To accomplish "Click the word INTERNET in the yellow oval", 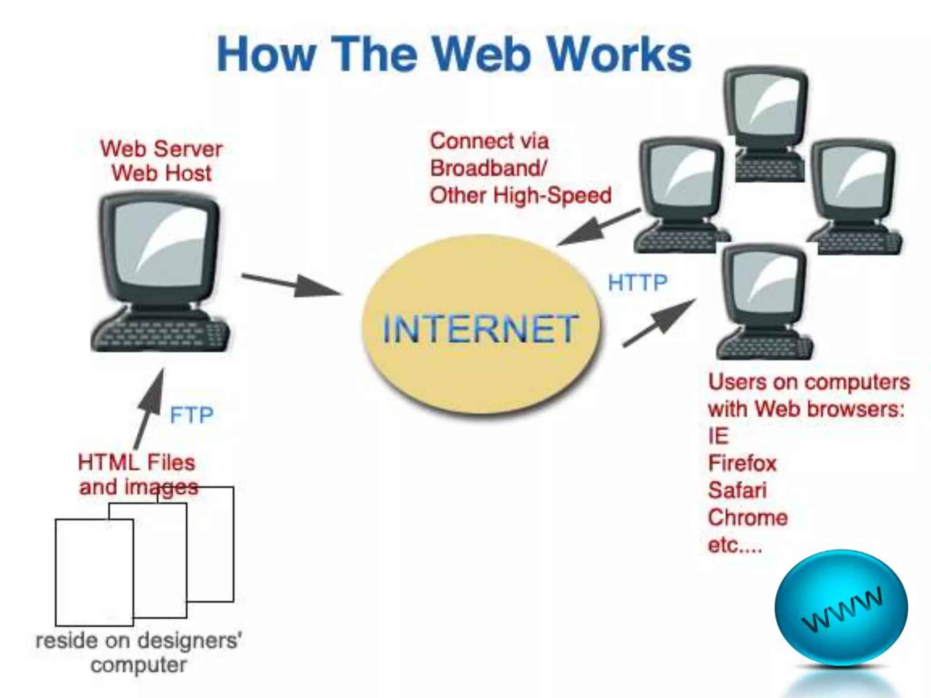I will tap(480, 329).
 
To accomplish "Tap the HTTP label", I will tap(637, 283).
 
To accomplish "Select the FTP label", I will tap(191, 415).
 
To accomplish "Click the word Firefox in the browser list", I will tap(742, 464).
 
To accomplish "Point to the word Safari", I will tap(737, 490).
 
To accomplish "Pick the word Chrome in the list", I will tap(748, 518).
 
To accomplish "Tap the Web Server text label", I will tap(161, 149).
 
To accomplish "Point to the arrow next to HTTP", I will tap(659, 323).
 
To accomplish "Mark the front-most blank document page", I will tap(94, 573).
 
